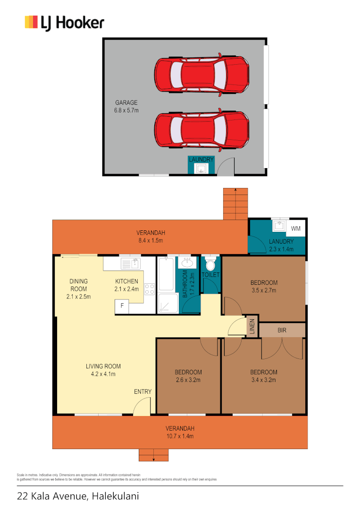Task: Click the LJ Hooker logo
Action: point(64,23)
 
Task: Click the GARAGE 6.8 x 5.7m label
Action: point(127,106)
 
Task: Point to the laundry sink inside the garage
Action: point(201,169)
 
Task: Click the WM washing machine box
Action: point(296,229)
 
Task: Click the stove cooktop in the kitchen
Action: point(149,289)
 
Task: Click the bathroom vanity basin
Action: point(188,263)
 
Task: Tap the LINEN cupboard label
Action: point(252,326)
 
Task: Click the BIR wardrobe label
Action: point(282,330)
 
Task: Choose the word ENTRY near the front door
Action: point(142,391)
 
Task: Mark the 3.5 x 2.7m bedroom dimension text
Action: point(263,290)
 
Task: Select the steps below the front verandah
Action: point(153,455)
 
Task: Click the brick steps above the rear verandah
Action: point(235,203)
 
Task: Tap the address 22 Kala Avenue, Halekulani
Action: point(78,496)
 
